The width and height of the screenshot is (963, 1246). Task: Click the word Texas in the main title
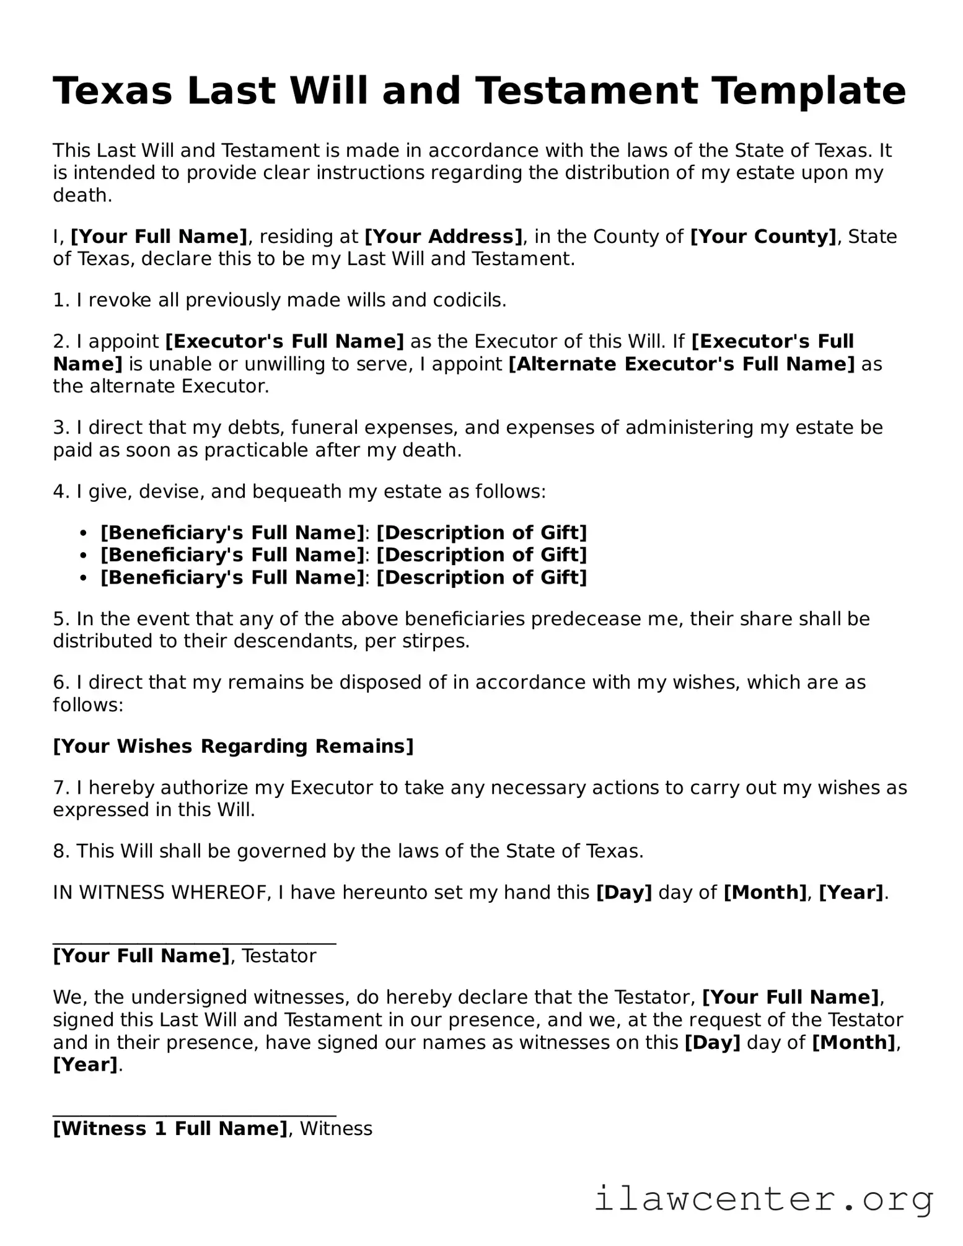tap(112, 91)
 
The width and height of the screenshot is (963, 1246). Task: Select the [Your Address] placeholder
tap(444, 237)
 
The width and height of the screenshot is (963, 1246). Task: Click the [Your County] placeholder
tap(763, 237)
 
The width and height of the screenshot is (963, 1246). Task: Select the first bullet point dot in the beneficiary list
tap(84, 533)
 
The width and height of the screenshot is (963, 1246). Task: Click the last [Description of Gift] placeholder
tap(481, 577)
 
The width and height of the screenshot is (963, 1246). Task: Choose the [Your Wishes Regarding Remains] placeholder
tap(233, 746)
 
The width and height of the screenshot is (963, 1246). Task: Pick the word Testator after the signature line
tap(279, 956)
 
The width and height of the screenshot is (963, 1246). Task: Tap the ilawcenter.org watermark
tap(763, 1200)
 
